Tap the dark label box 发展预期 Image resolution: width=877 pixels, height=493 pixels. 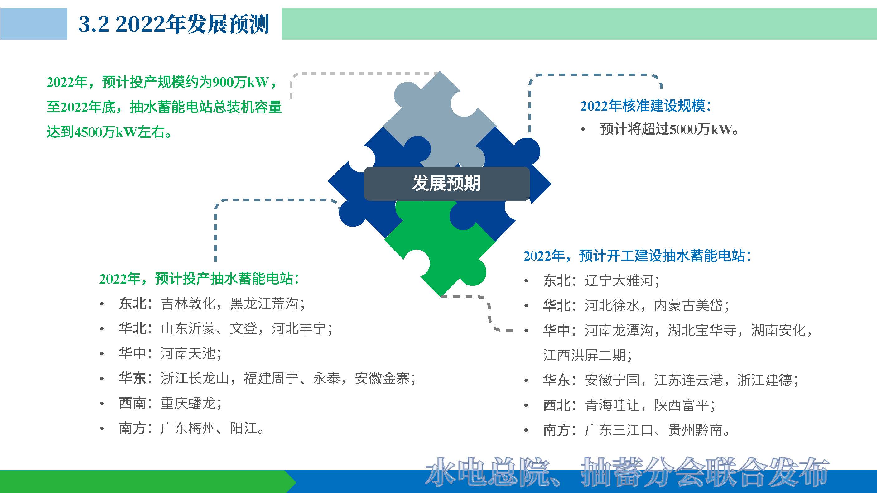[x=446, y=183]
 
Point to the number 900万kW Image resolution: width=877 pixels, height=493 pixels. [x=240, y=83]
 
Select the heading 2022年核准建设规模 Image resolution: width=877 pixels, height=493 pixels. [x=645, y=106]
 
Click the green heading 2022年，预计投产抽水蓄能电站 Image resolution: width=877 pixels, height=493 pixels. [x=199, y=279]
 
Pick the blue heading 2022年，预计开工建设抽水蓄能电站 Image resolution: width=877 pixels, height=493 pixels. [x=637, y=256]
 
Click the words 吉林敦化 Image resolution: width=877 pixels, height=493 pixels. [x=188, y=304]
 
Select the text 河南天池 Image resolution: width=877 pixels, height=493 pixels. [x=188, y=353]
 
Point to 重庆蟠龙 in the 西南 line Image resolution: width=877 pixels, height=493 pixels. [x=188, y=404]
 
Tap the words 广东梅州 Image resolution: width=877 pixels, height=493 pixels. [x=188, y=428]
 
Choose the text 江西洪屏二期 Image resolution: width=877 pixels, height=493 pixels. [x=584, y=355]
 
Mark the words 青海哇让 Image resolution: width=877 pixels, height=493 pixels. [x=612, y=405]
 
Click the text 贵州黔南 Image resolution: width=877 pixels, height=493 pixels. [x=695, y=430]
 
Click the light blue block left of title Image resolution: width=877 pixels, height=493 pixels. [x=33, y=24]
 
